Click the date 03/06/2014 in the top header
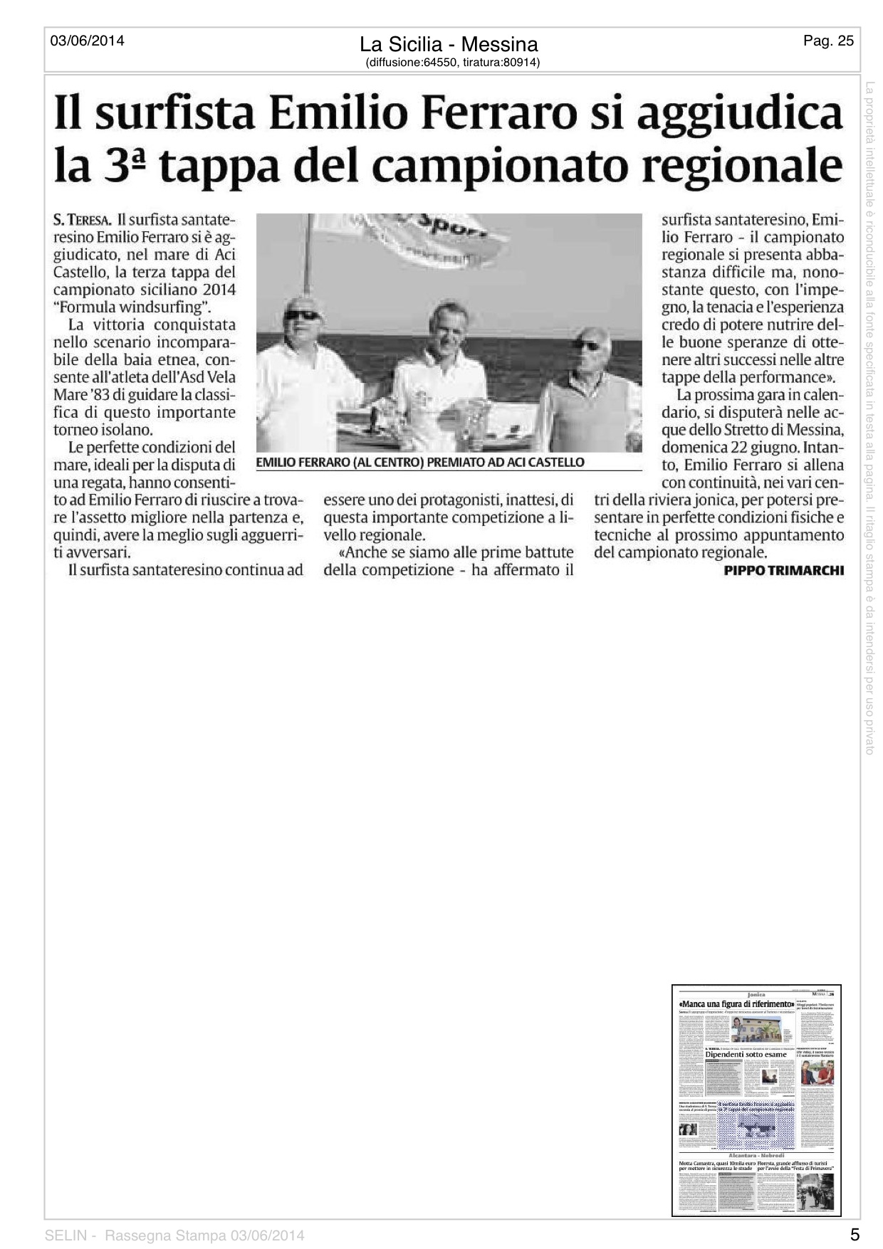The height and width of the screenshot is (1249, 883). tap(87, 41)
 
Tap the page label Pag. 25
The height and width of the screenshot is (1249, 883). tap(828, 41)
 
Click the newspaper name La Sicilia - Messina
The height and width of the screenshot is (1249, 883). tap(449, 45)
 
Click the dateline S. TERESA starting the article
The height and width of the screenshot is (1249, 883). tap(82, 221)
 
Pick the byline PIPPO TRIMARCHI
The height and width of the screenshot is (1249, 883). tap(783, 570)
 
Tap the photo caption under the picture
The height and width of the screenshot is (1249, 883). tap(420, 463)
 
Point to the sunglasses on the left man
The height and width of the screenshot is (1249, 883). tap(301, 314)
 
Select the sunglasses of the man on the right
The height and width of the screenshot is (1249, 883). tap(587, 345)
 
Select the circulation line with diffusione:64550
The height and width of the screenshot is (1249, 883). tap(452, 63)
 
